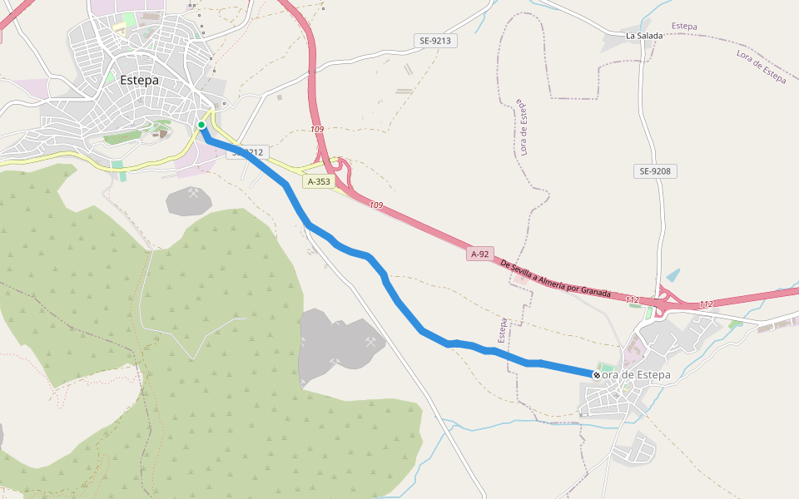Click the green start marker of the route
[x=201, y=126]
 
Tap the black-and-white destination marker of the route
[x=597, y=375]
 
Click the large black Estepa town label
[x=139, y=81]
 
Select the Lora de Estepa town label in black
[x=634, y=375]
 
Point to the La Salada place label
[x=644, y=36]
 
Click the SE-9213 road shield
[x=435, y=41]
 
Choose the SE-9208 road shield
[x=655, y=171]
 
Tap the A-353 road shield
[x=319, y=181]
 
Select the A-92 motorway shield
[x=479, y=254]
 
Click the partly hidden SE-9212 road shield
[x=250, y=152]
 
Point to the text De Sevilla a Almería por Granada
[x=556, y=279]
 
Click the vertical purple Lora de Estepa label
[x=524, y=128]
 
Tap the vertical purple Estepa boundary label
[x=503, y=330]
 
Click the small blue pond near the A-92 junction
[x=672, y=275]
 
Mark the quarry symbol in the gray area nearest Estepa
[x=194, y=194]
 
